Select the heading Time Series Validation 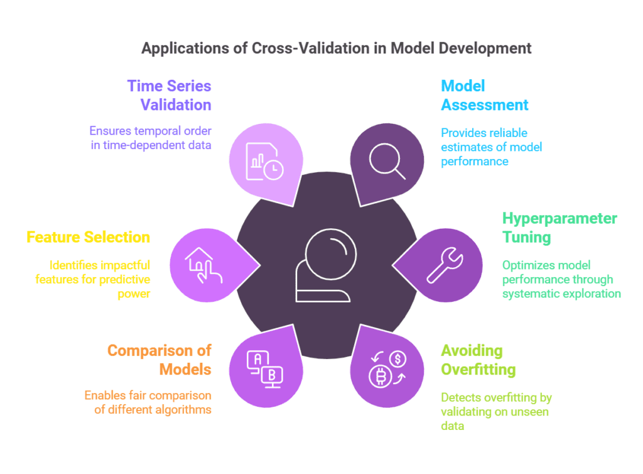click(x=169, y=95)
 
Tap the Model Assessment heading click(x=484, y=95)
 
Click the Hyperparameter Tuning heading click(x=559, y=228)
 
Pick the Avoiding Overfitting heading click(x=478, y=359)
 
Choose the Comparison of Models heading click(x=159, y=359)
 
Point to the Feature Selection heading click(x=88, y=237)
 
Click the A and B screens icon click(x=264, y=368)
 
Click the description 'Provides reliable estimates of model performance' click(x=491, y=147)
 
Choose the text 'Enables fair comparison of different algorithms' click(x=148, y=403)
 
